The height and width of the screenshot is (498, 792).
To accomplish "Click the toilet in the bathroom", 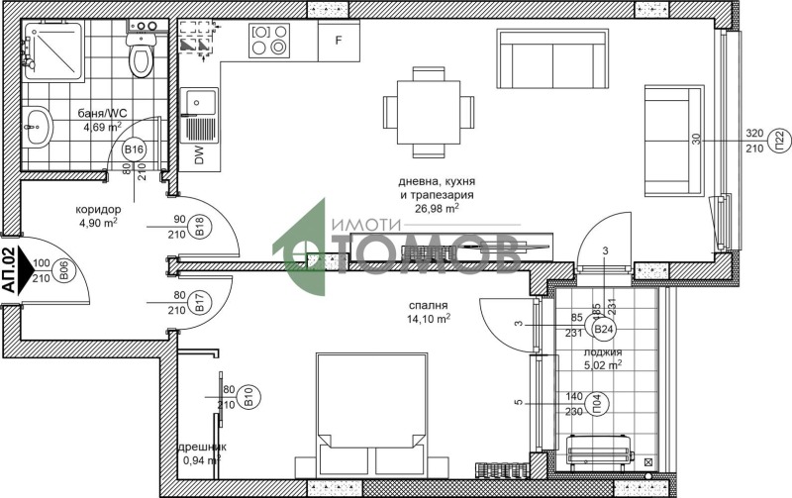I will click(141, 54).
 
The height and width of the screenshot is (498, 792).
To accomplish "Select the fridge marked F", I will click(339, 41).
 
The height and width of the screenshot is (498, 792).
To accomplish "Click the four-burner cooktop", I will click(271, 41).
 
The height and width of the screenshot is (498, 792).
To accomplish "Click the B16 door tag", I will click(134, 149).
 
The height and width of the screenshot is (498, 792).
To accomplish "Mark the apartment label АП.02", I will click(11, 269).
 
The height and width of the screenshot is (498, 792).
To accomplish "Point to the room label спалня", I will click(428, 306).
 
